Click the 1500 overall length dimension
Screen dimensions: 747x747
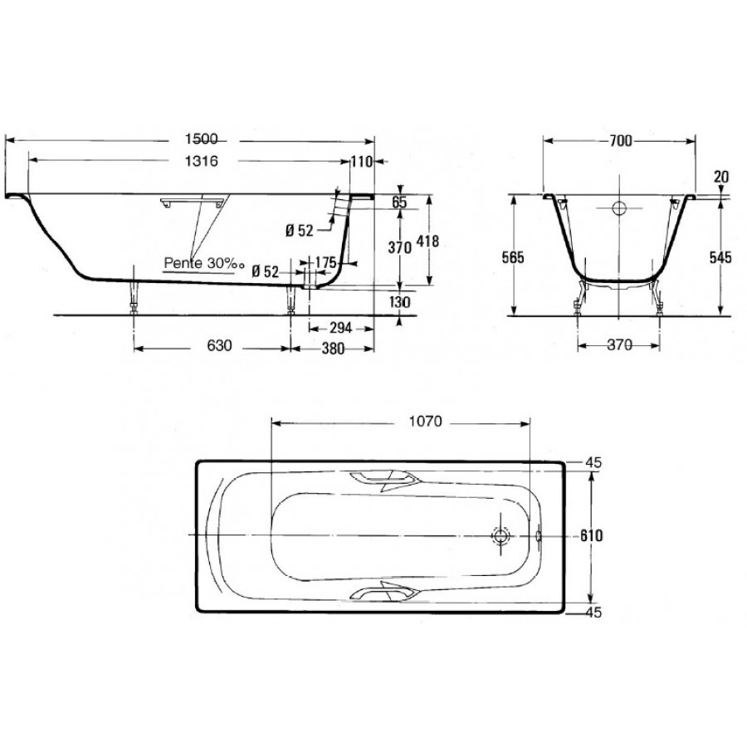[201, 139]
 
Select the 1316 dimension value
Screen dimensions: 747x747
[201, 161]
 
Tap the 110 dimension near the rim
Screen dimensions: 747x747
[362, 162]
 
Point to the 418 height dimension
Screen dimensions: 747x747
[427, 241]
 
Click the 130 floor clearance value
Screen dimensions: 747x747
[399, 302]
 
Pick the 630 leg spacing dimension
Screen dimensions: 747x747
[219, 345]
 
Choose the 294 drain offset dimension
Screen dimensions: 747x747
[340, 328]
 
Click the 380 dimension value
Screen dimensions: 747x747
[333, 349]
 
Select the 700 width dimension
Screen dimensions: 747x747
[620, 140]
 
